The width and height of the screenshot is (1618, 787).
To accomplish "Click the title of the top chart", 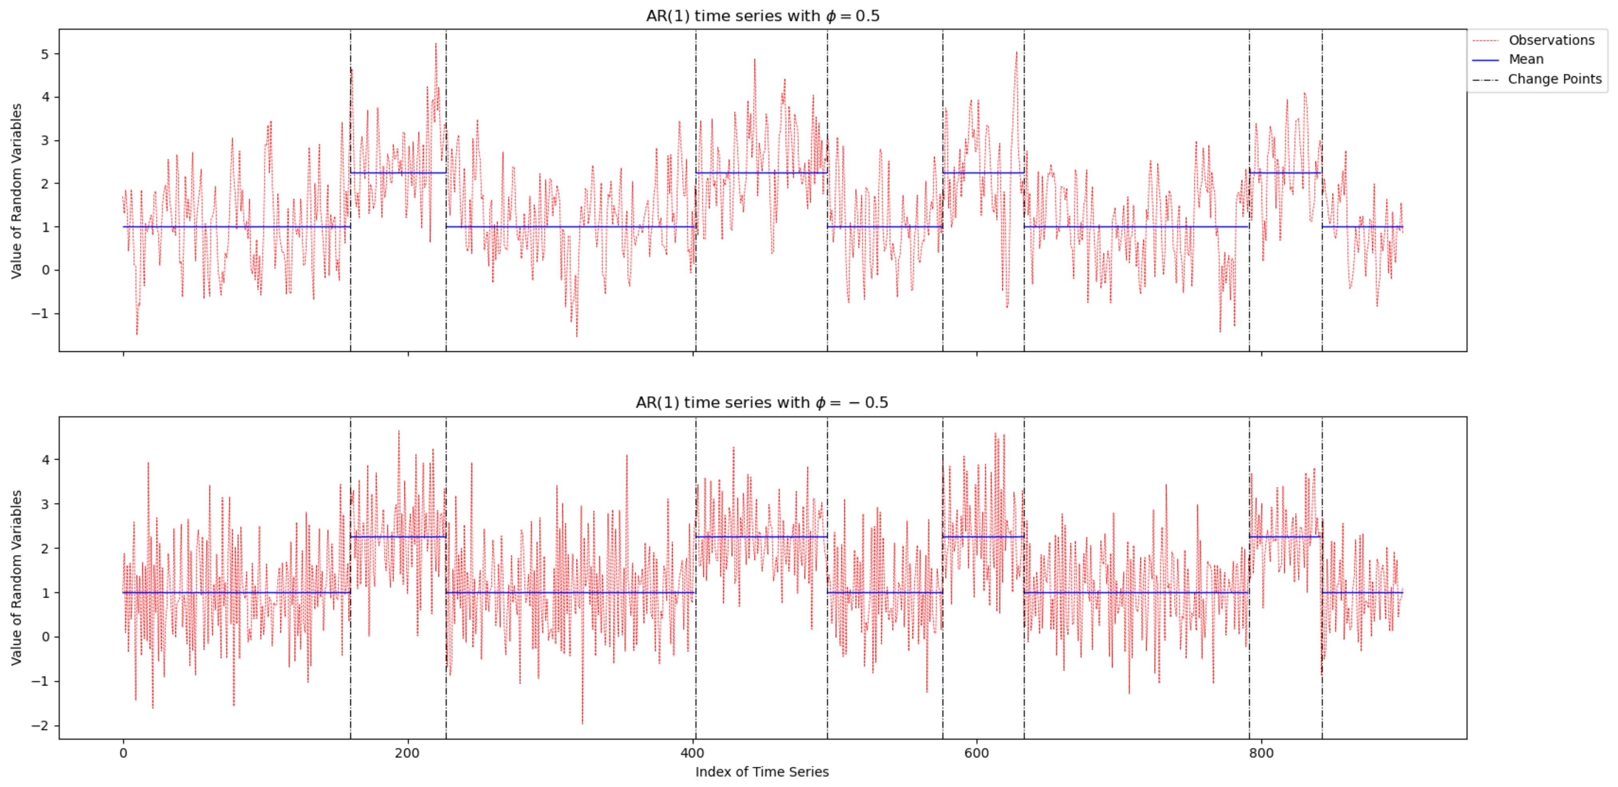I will tap(762, 16).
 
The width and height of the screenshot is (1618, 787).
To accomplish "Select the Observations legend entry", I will tap(1551, 40).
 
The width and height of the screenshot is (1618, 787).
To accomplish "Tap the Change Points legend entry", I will tap(1554, 79).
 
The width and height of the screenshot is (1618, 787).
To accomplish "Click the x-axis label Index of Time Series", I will tap(761, 771).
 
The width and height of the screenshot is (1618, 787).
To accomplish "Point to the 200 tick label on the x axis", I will tap(408, 753).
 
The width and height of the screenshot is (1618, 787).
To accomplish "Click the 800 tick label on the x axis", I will tap(1261, 753).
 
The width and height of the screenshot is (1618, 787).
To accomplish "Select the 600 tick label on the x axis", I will tap(976, 753).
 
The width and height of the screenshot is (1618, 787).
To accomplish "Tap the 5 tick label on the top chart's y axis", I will tap(45, 55).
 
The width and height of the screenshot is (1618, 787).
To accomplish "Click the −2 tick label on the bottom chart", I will tap(40, 726).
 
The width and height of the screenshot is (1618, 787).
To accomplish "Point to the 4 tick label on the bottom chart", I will tap(45, 460).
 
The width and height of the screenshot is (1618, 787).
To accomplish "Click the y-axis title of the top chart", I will tap(16, 191).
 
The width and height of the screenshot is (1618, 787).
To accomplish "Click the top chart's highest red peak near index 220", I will tap(435, 44).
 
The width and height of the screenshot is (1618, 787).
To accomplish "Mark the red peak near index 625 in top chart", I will tap(1016, 53).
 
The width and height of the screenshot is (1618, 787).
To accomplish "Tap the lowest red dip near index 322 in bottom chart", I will tap(582, 723).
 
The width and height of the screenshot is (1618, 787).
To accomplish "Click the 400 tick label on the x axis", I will tap(692, 753).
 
